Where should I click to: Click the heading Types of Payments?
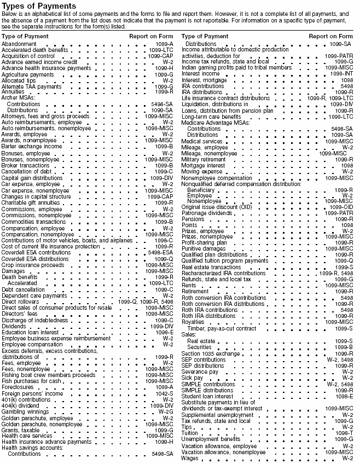pyautogui.click(x=38, y=6)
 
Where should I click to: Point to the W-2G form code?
pyautogui.click(x=166, y=411)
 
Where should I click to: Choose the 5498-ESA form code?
pyautogui.click(x=160, y=252)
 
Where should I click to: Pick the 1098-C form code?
pyautogui.click(x=164, y=240)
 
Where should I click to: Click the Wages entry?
pyautogui.click(x=189, y=458)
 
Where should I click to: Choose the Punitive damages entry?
pyautogui.click(x=204, y=248)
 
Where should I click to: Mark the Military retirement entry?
pyautogui.click(x=204, y=159)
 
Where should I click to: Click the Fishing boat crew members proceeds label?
pyautogui.click(x=48, y=375)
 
